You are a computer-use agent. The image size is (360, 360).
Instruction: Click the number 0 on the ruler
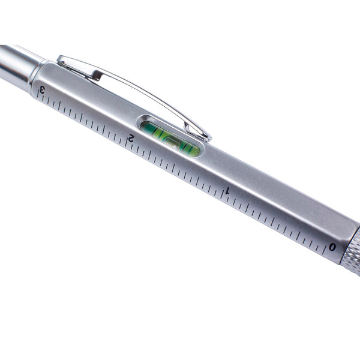point(332,247)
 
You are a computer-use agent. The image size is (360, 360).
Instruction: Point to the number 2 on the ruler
point(130,139)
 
